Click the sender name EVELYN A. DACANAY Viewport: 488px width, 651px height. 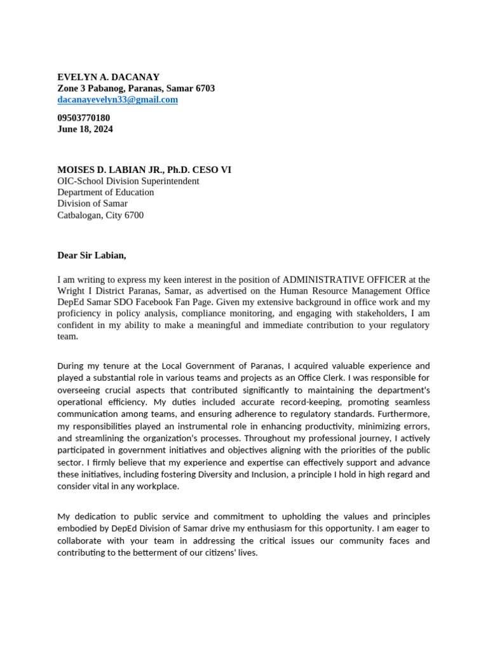click(108, 77)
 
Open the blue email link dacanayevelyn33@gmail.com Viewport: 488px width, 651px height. click(118, 100)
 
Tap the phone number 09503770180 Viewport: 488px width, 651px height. click(83, 118)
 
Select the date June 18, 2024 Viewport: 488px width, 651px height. click(85, 129)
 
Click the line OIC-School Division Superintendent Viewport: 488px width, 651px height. click(128, 181)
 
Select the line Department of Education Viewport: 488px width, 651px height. click(105, 193)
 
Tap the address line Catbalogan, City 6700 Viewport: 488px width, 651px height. click(100, 216)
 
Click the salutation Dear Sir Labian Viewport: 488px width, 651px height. click(91, 256)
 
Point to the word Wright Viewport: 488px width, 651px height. click(72, 291)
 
